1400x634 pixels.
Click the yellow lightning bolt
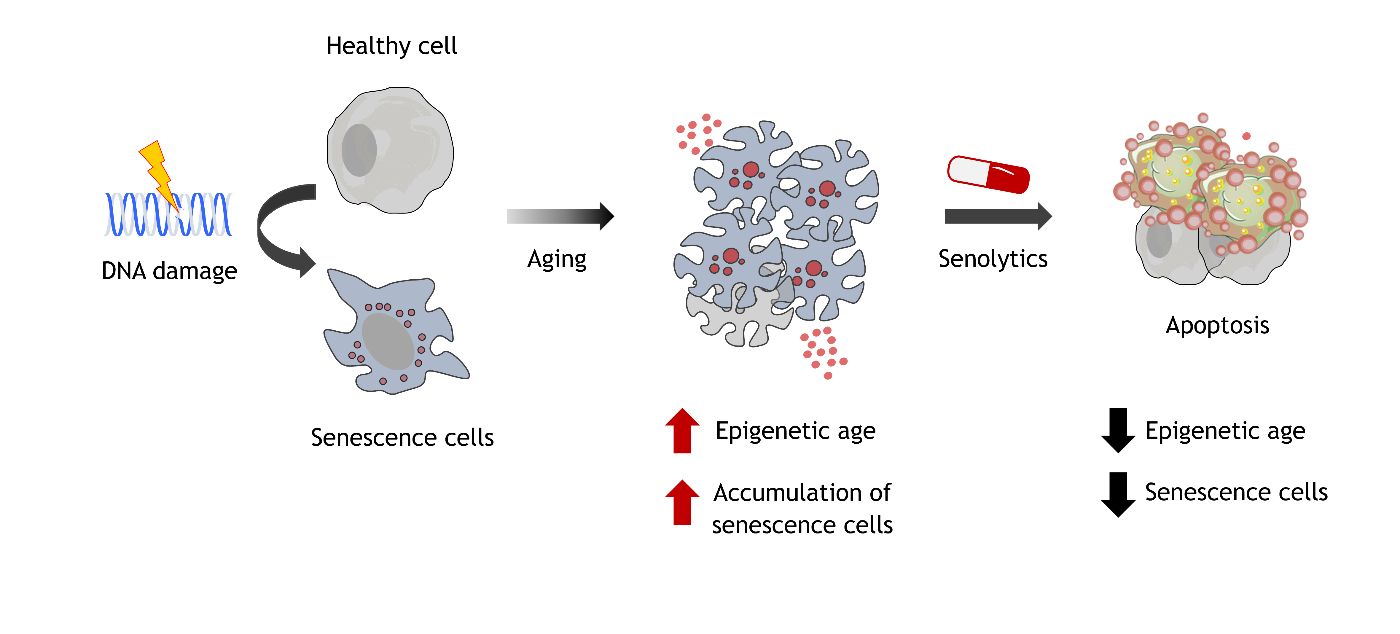pyautogui.click(x=157, y=171)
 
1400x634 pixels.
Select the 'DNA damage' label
pyautogui.click(x=169, y=270)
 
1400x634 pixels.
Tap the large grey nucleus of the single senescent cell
pyautogui.click(x=388, y=342)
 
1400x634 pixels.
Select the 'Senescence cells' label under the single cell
pyautogui.click(x=402, y=437)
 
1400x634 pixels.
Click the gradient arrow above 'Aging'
pyautogui.click(x=560, y=216)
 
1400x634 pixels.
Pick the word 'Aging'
pyautogui.click(x=557, y=259)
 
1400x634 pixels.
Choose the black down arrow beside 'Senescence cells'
pyautogui.click(x=1118, y=494)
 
